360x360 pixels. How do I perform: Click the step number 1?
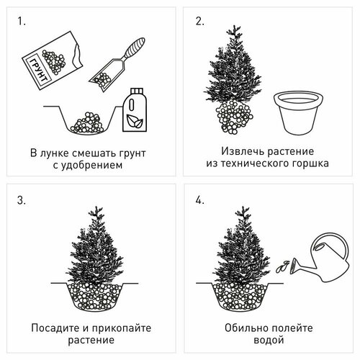click(23, 22)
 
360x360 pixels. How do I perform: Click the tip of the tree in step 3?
click(94, 210)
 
